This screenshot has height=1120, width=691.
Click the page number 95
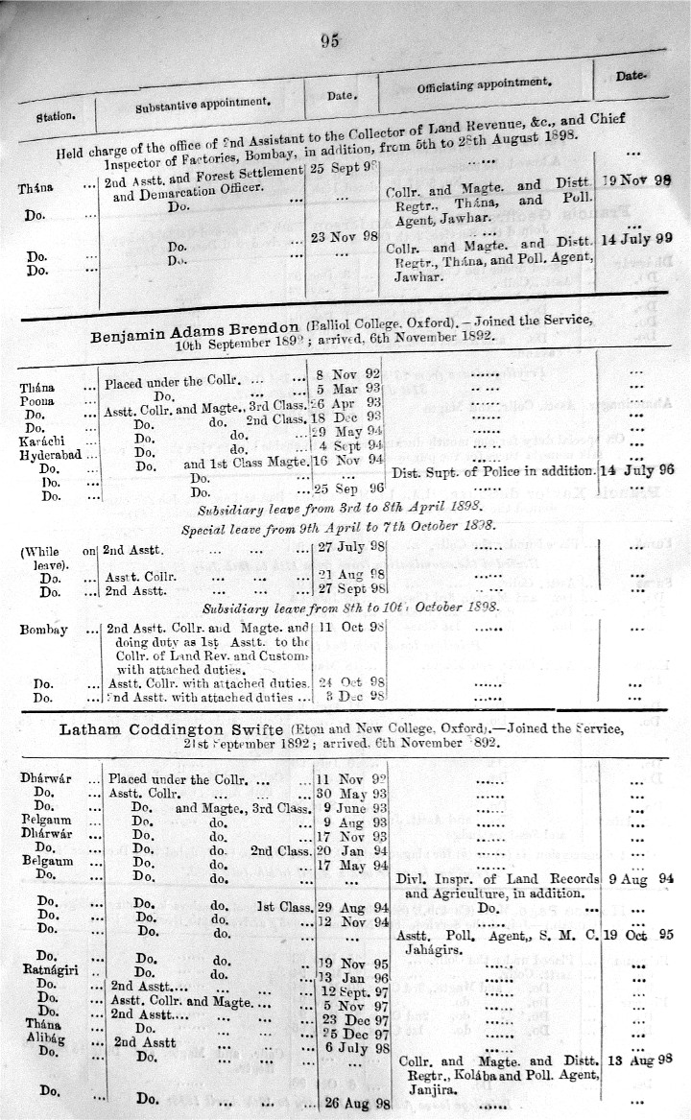tap(331, 39)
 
